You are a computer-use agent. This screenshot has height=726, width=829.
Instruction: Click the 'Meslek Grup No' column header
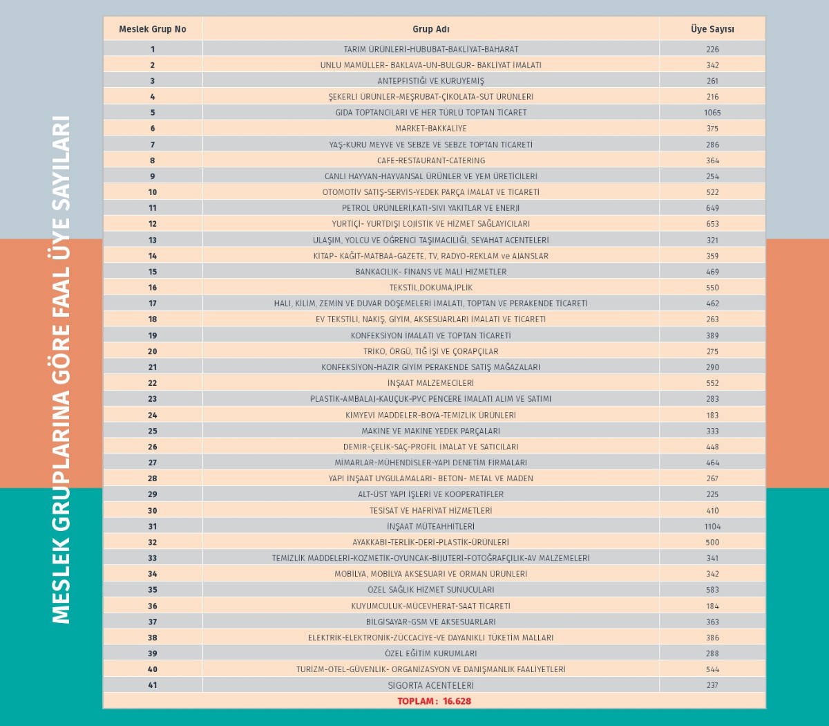click(153, 29)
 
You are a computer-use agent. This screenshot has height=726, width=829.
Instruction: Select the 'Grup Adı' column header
click(430, 29)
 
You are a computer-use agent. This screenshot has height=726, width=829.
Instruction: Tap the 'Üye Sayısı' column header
click(712, 29)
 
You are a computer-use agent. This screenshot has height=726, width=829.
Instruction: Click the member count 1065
click(712, 112)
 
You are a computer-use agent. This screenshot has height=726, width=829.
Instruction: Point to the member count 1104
click(712, 526)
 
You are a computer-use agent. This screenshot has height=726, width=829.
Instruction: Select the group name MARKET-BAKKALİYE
click(430, 128)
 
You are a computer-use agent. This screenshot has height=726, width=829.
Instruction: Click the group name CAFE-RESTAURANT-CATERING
click(430, 160)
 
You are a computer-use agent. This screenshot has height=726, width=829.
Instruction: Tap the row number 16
click(153, 288)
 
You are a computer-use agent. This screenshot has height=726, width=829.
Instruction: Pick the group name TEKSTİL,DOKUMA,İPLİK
click(430, 288)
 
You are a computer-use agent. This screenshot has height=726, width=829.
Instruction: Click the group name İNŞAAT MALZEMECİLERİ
click(430, 383)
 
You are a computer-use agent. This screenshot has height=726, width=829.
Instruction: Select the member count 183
click(712, 416)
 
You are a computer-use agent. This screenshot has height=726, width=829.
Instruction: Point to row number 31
click(153, 526)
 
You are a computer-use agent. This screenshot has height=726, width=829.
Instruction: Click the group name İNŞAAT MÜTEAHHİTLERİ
click(430, 526)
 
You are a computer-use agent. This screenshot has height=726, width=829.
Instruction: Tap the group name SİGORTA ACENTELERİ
click(430, 685)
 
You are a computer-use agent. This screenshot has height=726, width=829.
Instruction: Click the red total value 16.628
click(457, 701)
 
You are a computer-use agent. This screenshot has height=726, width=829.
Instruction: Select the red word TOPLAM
click(416, 701)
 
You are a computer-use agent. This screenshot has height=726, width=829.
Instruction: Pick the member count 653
click(712, 224)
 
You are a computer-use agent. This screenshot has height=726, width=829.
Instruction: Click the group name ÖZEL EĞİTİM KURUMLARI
click(430, 653)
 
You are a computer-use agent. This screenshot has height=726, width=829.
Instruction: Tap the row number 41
click(153, 685)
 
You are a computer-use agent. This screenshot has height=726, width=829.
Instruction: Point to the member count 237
click(712, 685)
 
